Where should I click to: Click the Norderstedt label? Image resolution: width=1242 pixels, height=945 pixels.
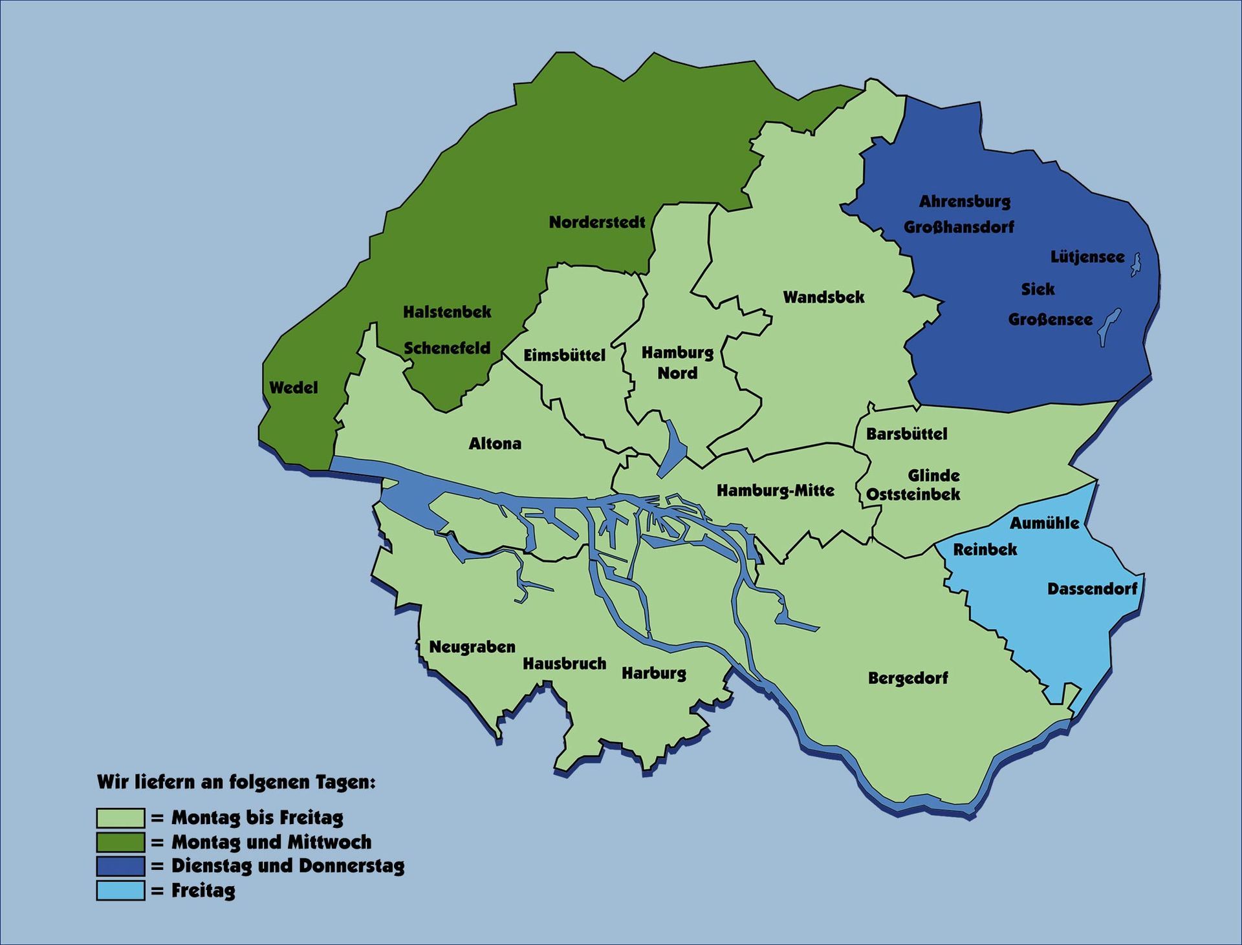596,222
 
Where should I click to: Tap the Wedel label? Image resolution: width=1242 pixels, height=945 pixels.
293,388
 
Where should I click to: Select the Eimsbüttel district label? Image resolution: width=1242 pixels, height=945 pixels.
564,355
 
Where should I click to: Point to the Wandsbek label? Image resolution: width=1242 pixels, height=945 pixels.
823,297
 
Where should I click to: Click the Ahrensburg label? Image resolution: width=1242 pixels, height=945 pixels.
964,202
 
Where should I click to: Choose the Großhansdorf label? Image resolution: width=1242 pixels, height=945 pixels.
958,227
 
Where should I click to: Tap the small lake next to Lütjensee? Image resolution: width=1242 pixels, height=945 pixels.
1135,264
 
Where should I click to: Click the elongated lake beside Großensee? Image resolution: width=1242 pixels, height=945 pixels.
1109,326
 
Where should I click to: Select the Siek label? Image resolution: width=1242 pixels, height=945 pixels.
1037,289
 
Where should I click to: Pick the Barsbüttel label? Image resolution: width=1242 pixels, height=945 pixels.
906,434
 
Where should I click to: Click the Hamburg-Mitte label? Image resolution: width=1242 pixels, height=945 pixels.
775,491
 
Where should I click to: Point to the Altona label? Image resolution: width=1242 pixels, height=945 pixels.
495,443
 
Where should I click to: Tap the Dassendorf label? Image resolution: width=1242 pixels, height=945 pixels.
1091,589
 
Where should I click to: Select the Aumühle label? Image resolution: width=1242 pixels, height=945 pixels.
1044,523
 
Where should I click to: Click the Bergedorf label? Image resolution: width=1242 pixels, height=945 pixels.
908,678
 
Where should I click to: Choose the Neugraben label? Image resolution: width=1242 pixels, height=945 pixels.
472,647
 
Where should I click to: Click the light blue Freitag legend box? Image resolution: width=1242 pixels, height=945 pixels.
120,890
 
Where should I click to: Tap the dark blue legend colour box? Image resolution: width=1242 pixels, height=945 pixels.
120,865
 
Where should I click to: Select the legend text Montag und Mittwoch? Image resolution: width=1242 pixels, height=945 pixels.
271,842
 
